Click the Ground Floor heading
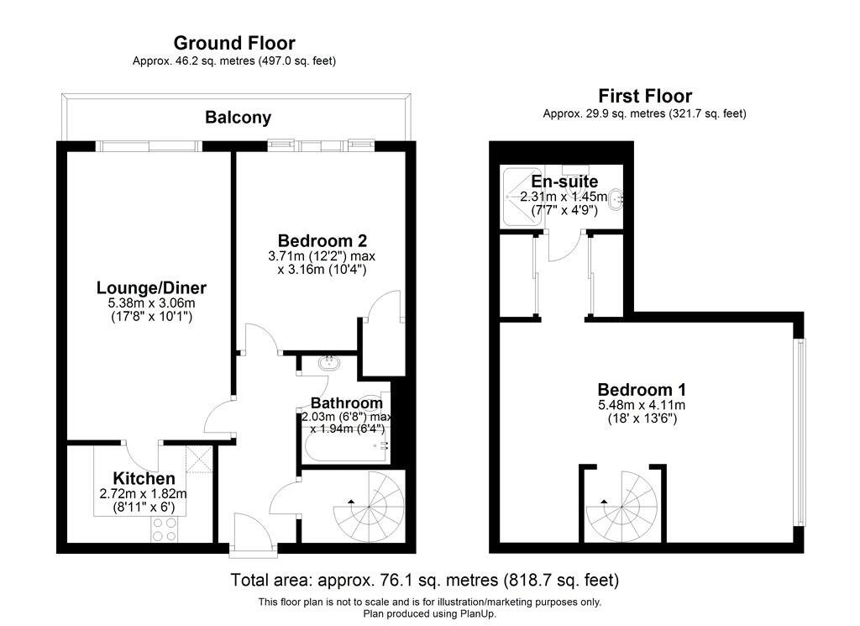coord(234,43)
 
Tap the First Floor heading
coord(644,96)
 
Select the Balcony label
coord(238,118)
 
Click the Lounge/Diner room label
coord(150,288)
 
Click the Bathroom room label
coord(346,403)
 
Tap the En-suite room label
coord(564,181)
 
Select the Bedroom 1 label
coord(642,390)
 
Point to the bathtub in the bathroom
coord(344,446)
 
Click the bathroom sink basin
coord(328,364)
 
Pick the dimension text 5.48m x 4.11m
coord(642,405)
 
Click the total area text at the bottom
coord(424,580)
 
